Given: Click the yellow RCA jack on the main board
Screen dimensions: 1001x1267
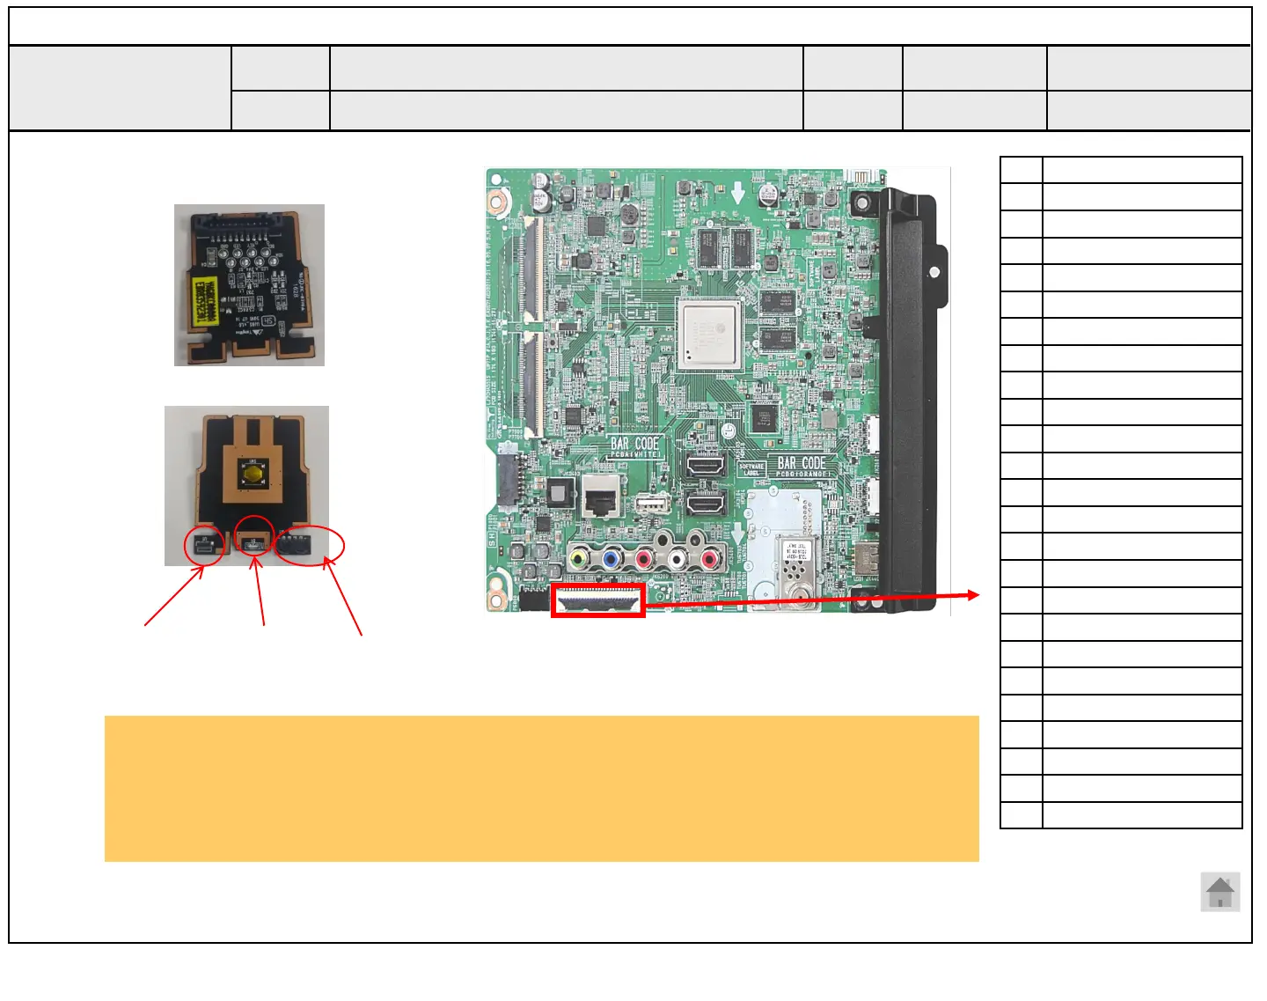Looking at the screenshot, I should pyautogui.click(x=579, y=558).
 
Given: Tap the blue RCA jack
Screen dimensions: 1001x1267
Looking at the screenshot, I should pyautogui.click(x=612, y=558).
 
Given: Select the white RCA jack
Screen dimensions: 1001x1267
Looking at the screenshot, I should pyautogui.click(x=677, y=558).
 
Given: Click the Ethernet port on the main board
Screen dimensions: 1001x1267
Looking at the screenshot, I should pyautogui.click(x=602, y=501).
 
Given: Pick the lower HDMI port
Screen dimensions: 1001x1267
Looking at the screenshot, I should pyautogui.click(x=706, y=504).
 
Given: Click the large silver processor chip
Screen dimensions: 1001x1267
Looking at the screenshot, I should pyautogui.click(x=710, y=332).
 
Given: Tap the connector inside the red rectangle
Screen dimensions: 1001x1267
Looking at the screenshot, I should pyautogui.click(x=598, y=602).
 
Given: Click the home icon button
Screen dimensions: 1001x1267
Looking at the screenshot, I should pyautogui.click(x=1220, y=893).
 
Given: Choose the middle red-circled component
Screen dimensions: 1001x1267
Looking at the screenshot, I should pyautogui.click(x=255, y=542).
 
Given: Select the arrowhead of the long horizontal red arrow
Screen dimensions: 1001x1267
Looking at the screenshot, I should pyautogui.click(x=974, y=595).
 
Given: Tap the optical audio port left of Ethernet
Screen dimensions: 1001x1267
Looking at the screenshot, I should pyautogui.click(x=560, y=492).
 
